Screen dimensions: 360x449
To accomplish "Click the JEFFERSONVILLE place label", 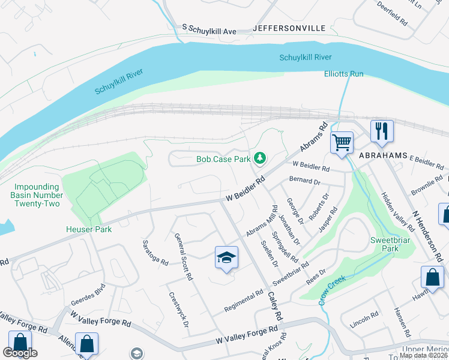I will tap(289, 28).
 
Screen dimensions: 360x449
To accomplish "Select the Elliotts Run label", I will tap(344, 74).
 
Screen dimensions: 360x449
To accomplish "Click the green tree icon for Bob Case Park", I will tap(260, 159).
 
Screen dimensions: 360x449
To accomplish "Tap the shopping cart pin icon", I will tap(342, 143).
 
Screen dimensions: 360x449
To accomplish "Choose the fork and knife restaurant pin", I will tap(381, 131).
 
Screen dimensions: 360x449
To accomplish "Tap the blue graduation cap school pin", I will tap(226, 259).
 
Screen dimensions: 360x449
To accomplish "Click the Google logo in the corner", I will tap(20, 353).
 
